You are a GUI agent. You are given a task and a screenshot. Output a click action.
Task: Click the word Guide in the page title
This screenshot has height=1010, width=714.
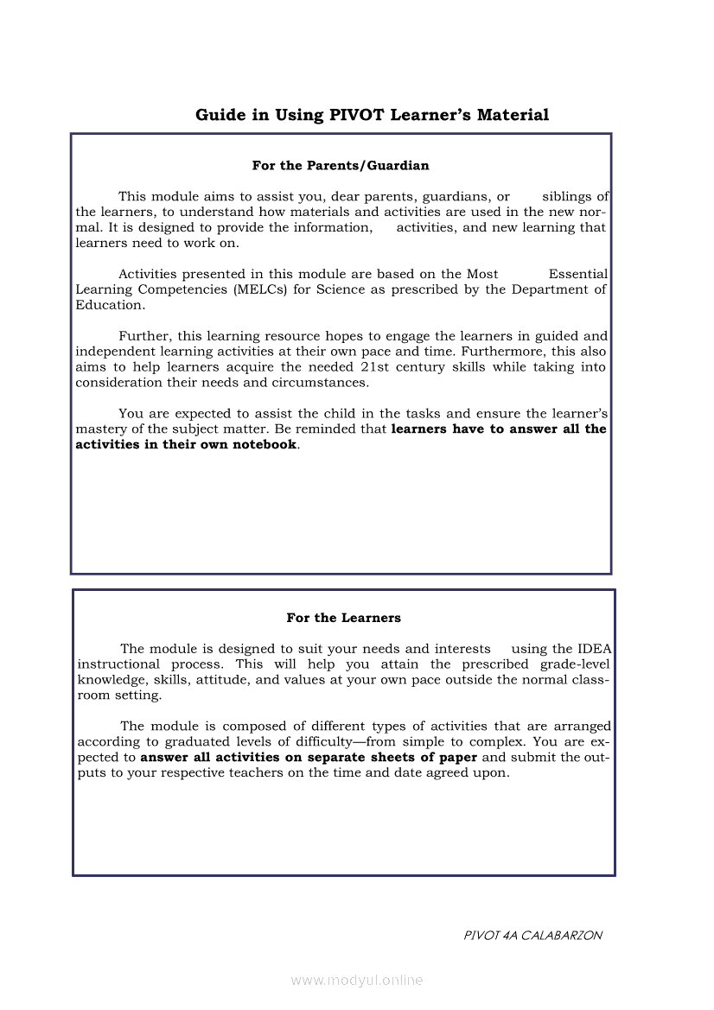(220, 115)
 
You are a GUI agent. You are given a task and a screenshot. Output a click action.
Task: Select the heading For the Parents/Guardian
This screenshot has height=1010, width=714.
(341, 165)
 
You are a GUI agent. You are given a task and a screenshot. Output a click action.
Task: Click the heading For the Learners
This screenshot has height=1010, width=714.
(343, 618)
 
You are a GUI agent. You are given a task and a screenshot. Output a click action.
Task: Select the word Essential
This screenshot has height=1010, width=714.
(578, 274)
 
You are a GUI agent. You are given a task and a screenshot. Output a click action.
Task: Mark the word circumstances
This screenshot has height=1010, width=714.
(295, 383)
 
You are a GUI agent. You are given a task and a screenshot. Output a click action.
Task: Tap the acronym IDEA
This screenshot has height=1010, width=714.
(595, 649)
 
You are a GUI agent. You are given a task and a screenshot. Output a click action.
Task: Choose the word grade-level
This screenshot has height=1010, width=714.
(575, 664)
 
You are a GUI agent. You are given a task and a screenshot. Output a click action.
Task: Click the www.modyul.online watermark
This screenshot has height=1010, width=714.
(357, 981)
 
